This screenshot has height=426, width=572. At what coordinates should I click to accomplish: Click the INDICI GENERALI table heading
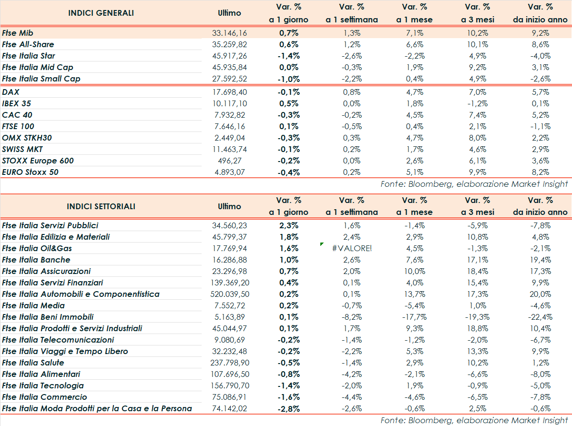101,13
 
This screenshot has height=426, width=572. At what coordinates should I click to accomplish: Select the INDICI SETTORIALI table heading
101,206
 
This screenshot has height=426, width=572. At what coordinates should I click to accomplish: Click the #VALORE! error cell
351,248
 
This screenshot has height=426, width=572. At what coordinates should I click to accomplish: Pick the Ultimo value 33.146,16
229,33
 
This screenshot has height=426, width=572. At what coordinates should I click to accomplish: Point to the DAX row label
10,92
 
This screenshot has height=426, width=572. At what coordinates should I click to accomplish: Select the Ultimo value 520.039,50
229,294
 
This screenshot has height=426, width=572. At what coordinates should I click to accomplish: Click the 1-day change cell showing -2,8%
288,408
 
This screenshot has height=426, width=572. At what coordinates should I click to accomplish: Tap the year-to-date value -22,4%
540,317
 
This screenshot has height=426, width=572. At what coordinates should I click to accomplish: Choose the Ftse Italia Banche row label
36,260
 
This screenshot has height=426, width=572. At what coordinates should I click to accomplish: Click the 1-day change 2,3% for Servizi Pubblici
288,225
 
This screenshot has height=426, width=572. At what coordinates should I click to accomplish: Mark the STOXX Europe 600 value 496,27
229,161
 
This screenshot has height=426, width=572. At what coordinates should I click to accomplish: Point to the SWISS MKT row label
22,149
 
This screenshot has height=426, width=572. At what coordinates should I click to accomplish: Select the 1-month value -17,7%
414,317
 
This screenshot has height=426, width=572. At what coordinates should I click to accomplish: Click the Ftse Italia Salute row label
33,363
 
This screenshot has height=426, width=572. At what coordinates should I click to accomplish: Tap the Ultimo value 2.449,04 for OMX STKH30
229,138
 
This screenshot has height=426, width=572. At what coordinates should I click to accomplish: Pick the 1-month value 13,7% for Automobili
414,294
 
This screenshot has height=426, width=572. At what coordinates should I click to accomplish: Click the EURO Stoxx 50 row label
31,172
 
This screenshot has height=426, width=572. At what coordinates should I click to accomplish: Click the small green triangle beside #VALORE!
322,244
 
